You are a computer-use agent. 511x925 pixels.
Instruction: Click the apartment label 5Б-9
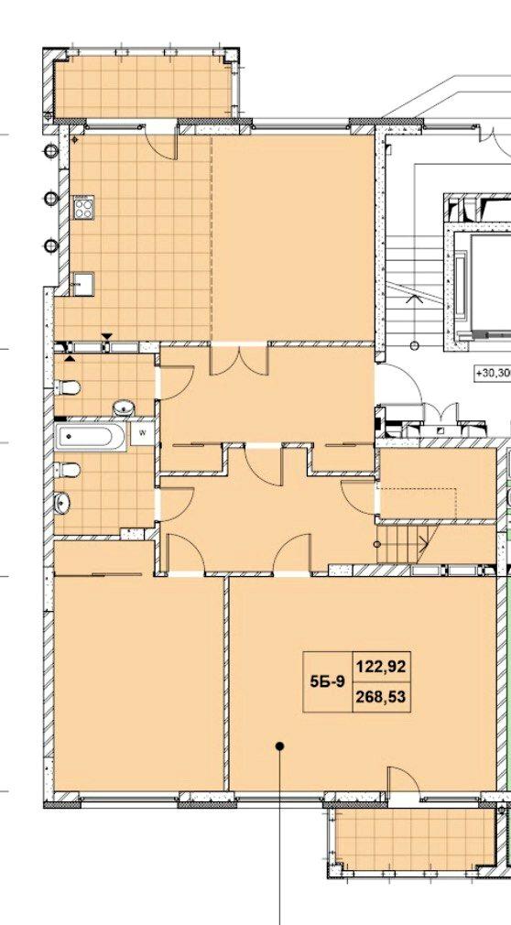pyautogui.click(x=327, y=682)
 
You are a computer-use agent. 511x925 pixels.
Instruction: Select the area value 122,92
pyautogui.click(x=381, y=667)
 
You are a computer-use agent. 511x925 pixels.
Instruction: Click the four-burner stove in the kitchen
pyautogui.click(x=83, y=207)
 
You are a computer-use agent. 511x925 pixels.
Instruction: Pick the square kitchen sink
pyautogui.click(x=83, y=283)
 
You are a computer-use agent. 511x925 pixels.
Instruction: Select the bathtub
pyautogui.click(x=90, y=437)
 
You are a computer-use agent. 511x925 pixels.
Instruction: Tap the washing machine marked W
pyautogui.click(x=141, y=431)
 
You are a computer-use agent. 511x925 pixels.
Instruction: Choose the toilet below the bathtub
pyautogui.click(x=67, y=470)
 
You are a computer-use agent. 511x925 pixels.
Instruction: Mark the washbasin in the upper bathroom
pyautogui.click(x=124, y=408)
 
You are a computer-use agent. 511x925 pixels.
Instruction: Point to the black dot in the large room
pyautogui.click(x=280, y=746)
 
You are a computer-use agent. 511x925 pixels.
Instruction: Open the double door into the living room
pyautogui.click(x=240, y=360)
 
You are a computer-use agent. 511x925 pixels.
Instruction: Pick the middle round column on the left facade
pyautogui.click(x=51, y=198)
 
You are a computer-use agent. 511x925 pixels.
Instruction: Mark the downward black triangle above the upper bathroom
pyautogui.click(x=107, y=337)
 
